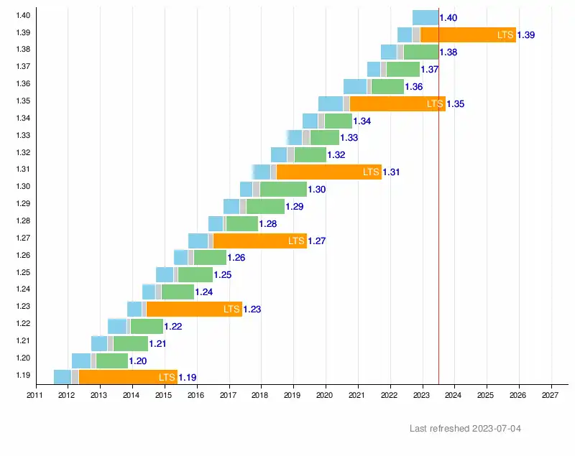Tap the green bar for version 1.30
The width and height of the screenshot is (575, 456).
[x=283, y=189]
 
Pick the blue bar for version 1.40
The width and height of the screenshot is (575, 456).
[x=425, y=17]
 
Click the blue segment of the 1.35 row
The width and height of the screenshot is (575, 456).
[x=331, y=103]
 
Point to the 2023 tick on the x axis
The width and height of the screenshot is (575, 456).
[x=422, y=394]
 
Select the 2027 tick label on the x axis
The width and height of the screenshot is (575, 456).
[x=551, y=394]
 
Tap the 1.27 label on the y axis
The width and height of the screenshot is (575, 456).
[x=22, y=238]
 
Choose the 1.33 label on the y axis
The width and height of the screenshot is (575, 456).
[x=22, y=135]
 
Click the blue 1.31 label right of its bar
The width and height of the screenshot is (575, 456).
[x=392, y=172]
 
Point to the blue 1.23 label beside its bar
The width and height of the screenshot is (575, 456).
[x=252, y=310]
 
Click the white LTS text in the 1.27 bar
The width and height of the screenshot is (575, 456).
[x=296, y=241]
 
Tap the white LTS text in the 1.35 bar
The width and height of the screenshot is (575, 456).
[x=435, y=103]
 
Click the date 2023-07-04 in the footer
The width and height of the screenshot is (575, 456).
[x=497, y=429]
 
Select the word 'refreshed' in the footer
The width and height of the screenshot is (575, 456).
[x=449, y=429]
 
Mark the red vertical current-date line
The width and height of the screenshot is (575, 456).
[x=438, y=215]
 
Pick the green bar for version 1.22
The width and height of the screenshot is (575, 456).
[x=147, y=326]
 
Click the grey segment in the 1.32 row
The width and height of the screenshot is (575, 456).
[x=290, y=154]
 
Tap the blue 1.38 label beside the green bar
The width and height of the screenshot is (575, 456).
[x=448, y=52]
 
